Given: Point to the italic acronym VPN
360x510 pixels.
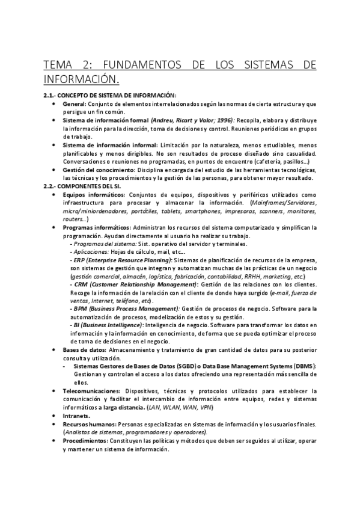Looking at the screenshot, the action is click(206, 407).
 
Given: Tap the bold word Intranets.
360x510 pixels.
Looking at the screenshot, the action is click(77, 416).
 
